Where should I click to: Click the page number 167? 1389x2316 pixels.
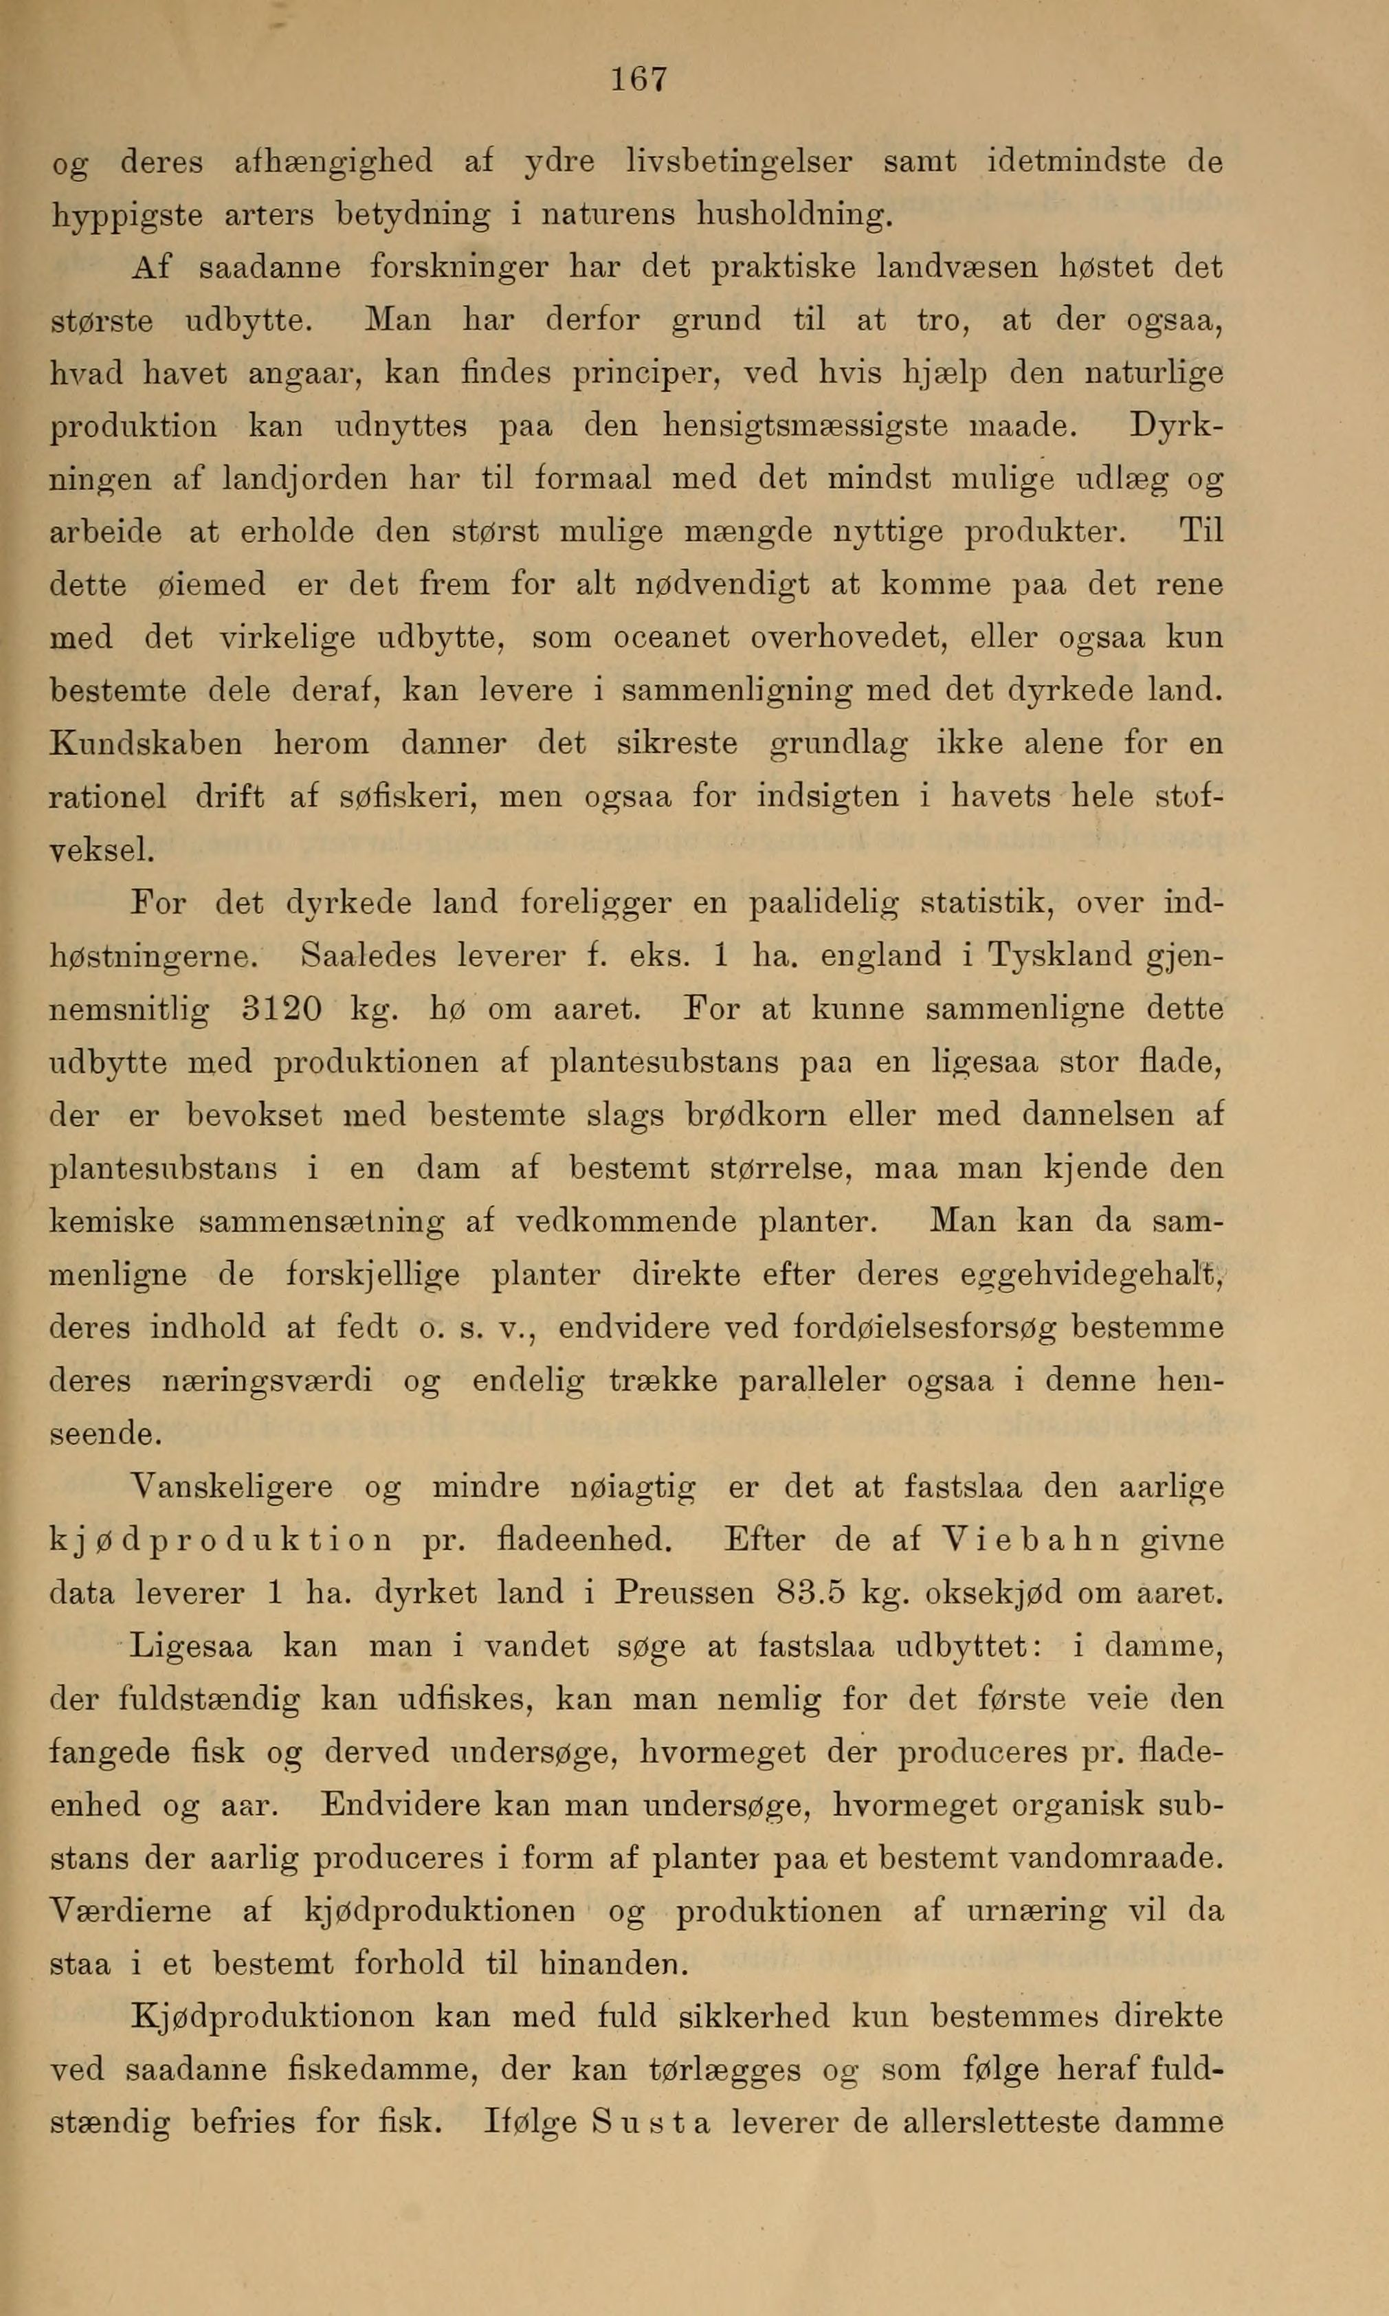[x=639, y=78]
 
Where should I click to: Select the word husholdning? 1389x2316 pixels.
[x=791, y=217]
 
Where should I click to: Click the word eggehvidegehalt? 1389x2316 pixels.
[x=1091, y=1276]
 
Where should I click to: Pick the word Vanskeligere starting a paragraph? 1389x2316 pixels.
[x=204, y=1488]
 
